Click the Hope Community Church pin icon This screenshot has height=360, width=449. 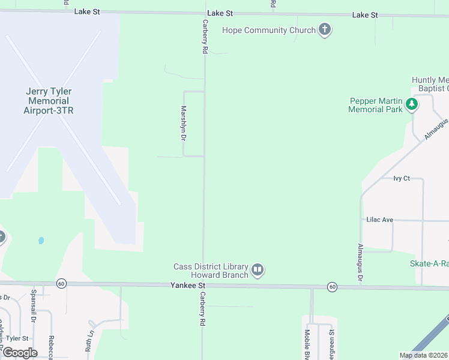[325, 30]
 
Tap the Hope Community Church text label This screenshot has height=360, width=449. [268, 30]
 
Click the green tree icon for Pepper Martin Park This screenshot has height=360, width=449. [412, 105]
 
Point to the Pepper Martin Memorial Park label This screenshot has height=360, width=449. [376, 105]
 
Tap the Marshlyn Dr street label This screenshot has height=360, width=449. [184, 123]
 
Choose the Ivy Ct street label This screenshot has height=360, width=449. [401, 178]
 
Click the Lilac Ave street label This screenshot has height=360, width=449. [379, 220]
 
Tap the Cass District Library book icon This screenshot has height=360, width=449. [258, 271]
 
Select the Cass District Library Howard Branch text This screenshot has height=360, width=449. [211, 271]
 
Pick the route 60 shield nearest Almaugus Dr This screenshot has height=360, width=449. [332, 287]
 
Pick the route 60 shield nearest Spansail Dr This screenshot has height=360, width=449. [61, 283]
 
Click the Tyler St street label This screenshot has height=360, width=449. [17, 339]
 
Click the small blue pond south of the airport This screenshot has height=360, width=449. [41, 241]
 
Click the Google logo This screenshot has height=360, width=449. [20, 353]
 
